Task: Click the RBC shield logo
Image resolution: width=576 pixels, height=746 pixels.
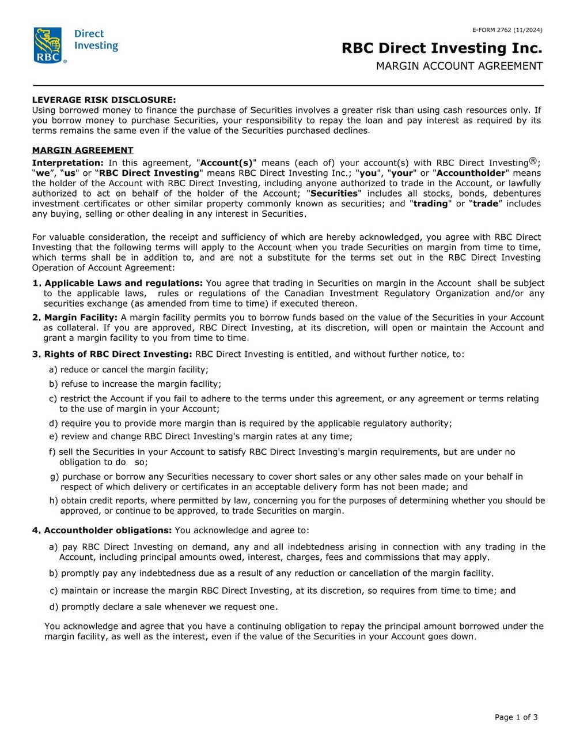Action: [48, 44]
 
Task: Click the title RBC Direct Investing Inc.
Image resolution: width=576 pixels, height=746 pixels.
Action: [442, 48]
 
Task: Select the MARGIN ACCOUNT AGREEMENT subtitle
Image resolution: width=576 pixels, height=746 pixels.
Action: [459, 66]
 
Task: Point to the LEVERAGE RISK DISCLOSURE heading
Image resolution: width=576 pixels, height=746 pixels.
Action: [104, 100]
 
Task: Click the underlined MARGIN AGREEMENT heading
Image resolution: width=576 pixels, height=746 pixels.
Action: [82, 150]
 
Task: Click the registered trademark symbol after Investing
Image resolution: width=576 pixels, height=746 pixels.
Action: [533, 161]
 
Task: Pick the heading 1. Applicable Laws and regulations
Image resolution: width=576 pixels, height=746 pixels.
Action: [118, 283]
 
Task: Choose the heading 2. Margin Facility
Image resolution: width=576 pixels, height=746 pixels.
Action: [75, 318]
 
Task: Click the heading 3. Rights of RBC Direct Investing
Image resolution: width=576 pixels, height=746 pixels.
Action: [112, 354]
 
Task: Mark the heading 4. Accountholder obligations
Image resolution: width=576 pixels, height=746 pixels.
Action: [102, 530]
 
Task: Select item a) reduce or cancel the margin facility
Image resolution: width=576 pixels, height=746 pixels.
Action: [128, 370]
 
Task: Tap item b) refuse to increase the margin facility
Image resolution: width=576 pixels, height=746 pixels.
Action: [135, 384]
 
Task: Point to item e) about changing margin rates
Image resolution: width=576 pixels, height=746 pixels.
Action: [200, 436]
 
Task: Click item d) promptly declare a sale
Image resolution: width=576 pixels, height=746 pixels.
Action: [164, 606]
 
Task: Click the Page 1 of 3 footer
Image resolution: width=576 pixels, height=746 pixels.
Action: [516, 717]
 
